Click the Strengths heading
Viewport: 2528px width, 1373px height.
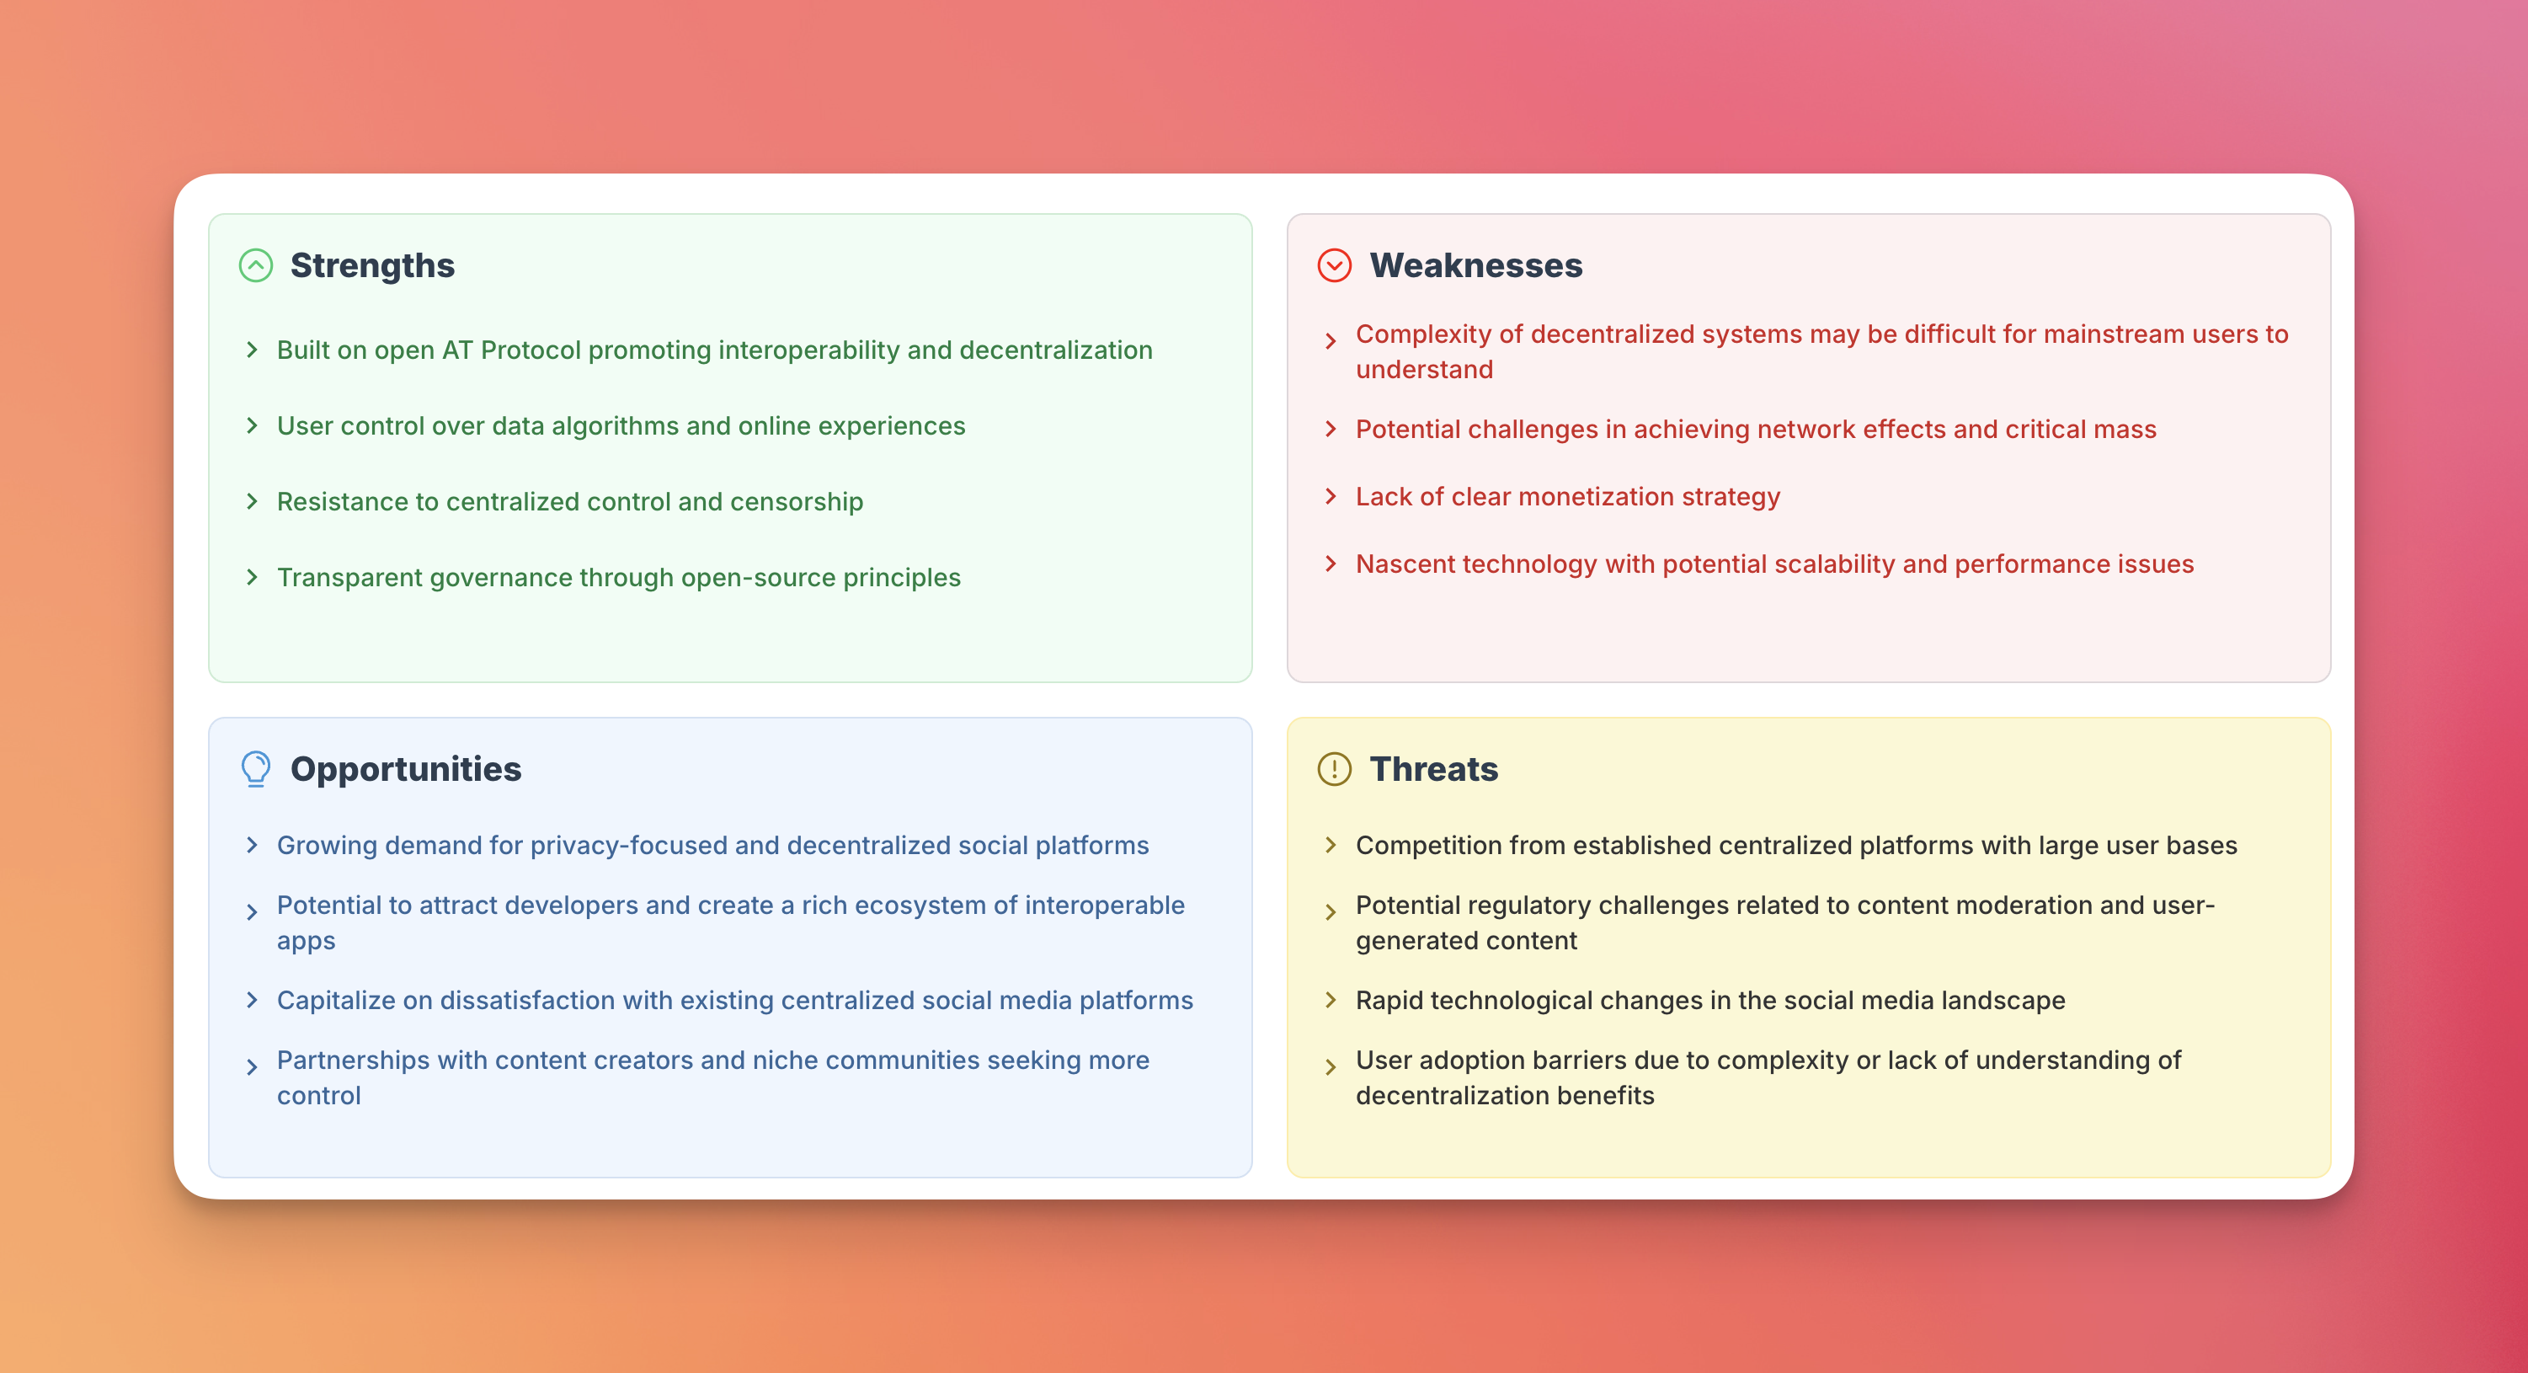coord(372,266)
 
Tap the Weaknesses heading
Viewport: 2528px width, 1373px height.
coord(1476,266)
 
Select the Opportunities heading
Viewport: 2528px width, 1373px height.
coord(406,769)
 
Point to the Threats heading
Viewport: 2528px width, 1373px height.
coord(1434,769)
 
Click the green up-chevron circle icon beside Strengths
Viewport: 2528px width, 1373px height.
coord(256,266)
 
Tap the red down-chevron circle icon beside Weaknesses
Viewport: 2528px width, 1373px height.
coord(1335,266)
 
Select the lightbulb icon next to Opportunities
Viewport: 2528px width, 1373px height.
coord(256,769)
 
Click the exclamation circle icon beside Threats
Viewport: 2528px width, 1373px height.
coord(1335,769)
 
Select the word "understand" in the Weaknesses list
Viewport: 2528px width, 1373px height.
coord(1425,370)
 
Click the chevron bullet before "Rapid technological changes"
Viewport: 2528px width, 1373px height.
coord(1331,1001)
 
